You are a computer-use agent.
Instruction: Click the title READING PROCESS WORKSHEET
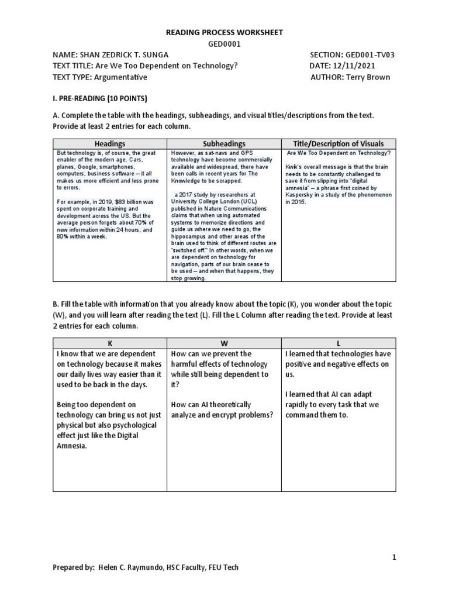click(x=224, y=32)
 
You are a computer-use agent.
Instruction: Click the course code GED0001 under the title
click(x=224, y=43)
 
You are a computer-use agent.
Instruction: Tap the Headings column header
click(x=110, y=144)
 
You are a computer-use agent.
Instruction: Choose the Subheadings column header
click(x=224, y=144)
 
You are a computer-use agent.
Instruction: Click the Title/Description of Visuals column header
click(x=339, y=144)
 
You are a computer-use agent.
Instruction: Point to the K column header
click(x=110, y=343)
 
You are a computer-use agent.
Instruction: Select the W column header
click(x=224, y=343)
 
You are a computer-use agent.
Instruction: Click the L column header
click(x=339, y=343)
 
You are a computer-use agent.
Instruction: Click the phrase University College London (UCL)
click(x=212, y=202)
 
